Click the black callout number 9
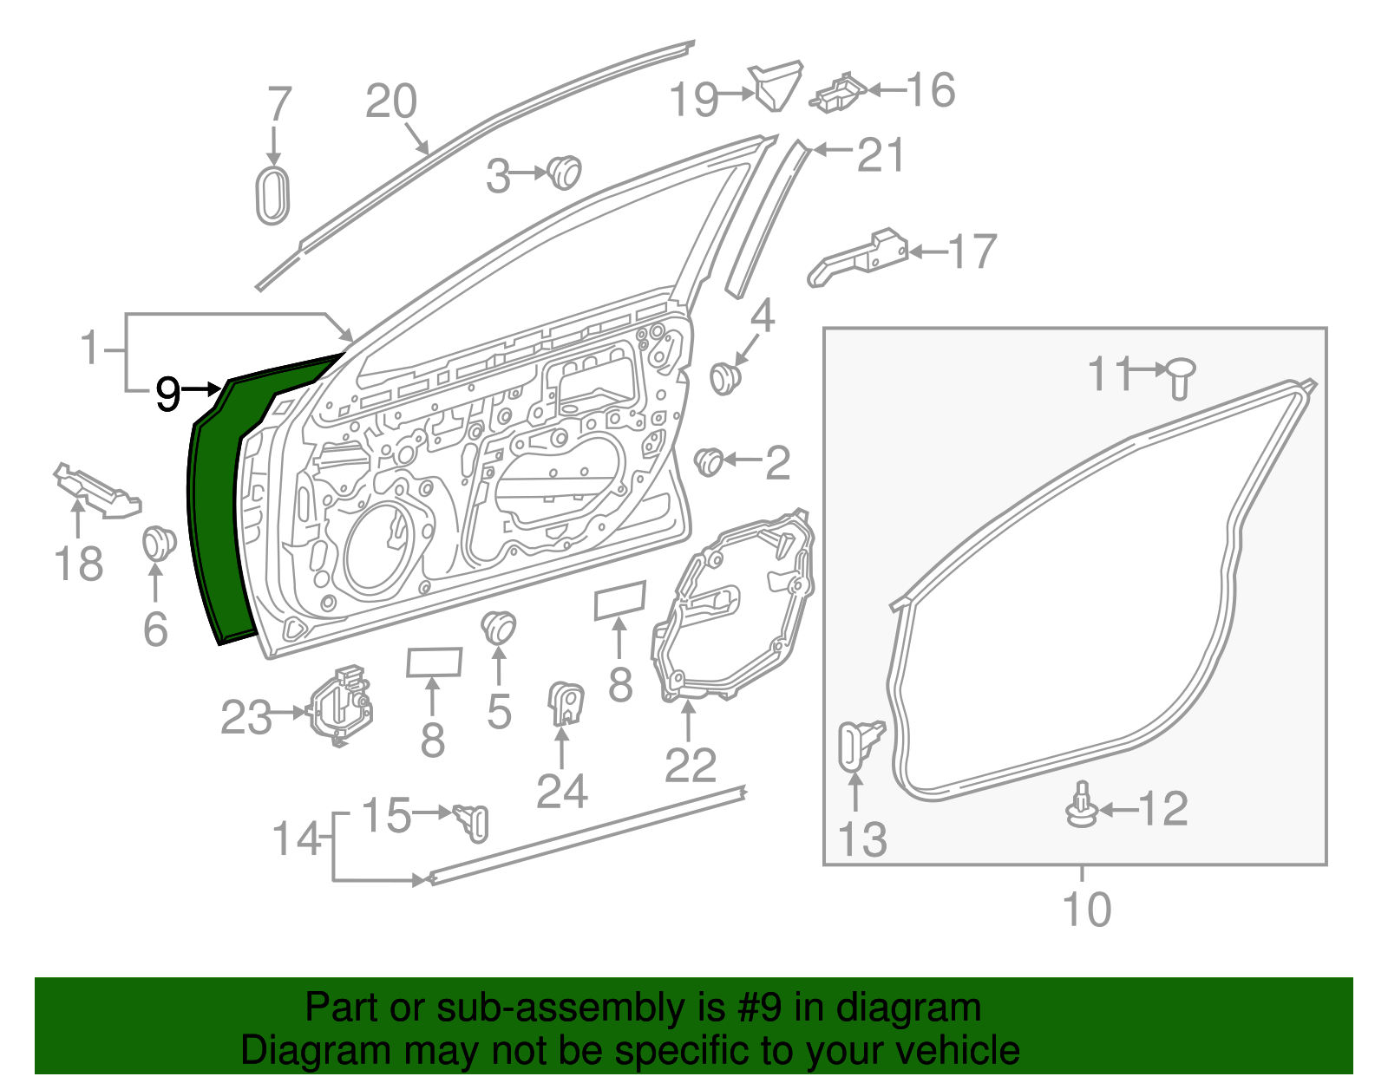[x=168, y=395]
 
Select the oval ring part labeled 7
[x=272, y=196]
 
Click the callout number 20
[x=391, y=102]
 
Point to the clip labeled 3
[x=565, y=172]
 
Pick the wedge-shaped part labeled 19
[x=776, y=85]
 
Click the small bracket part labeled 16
[x=838, y=93]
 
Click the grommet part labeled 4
[x=725, y=377]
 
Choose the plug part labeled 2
[x=710, y=460]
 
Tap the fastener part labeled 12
[x=1082, y=806]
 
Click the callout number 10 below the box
[x=1086, y=910]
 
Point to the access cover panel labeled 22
[x=733, y=607]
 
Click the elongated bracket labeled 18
[x=97, y=492]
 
